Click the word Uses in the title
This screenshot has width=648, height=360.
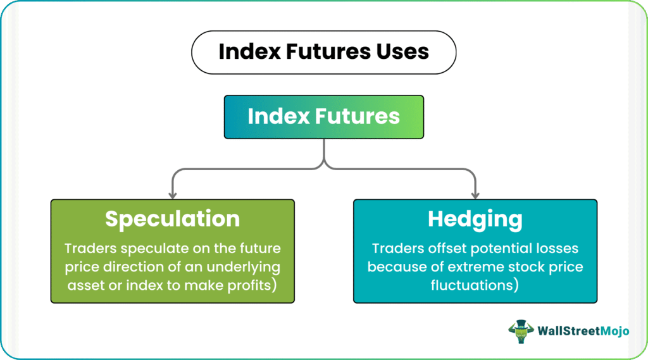click(402, 52)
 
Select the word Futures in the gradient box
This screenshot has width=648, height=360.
click(358, 116)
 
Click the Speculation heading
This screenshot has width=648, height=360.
click(172, 219)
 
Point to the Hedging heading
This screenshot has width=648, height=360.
click(475, 219)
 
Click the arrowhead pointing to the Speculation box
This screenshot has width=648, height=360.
click(173, 195)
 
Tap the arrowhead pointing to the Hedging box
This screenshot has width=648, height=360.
click(475, 195)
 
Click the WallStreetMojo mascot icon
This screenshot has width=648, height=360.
click(521, 331)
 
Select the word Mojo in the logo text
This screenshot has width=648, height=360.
click(614, 331)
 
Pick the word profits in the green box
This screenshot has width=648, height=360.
click(249, 285)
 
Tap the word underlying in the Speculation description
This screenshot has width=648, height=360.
click(244, 268)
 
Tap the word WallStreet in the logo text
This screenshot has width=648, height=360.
click(569, 331)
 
